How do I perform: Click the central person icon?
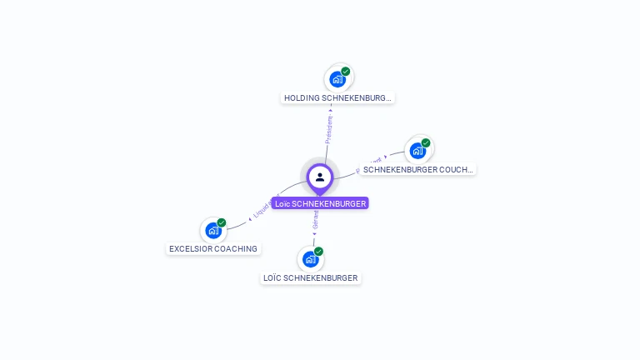point(320,177)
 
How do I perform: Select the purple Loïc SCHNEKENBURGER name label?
point(320,203)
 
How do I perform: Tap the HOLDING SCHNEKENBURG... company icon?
point(337,79)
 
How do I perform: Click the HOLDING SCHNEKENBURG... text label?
point(337,97)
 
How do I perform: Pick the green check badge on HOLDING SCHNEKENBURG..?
point(345,72)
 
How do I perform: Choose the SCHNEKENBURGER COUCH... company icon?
point(417,151)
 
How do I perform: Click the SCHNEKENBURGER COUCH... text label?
point(418,169)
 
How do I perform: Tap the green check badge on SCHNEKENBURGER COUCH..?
point(425,143)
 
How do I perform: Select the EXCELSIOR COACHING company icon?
point(213,230)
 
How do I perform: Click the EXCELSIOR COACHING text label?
point(213,248)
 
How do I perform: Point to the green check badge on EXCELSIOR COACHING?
point(222,222)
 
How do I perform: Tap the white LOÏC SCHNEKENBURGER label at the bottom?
point(311,277)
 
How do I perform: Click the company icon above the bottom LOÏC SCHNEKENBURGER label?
point(310,258)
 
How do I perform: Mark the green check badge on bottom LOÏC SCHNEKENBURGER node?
point(318,251)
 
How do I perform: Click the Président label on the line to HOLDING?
point(329,129)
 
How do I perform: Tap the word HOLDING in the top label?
point(302,97)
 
